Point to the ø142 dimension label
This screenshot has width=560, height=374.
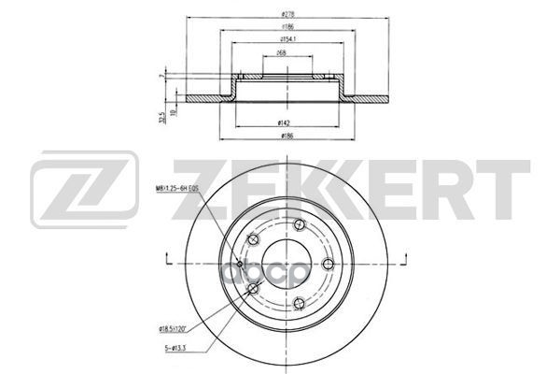click(281, 122)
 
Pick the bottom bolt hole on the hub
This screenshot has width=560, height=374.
click(296, 302)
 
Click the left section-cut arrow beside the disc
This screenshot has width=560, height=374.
click(165, 257)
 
